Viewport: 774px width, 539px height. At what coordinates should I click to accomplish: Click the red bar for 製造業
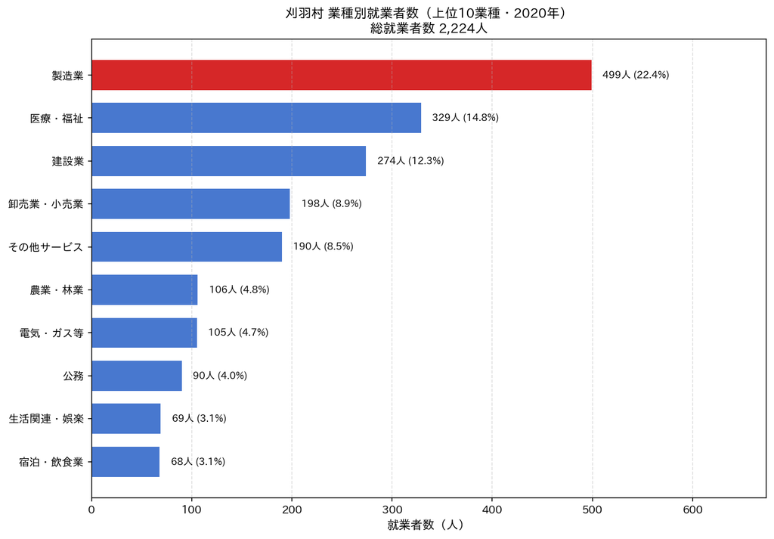click(342, 75)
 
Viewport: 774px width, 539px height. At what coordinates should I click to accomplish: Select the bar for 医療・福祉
click(256, 118)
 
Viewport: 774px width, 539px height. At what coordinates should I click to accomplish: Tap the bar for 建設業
click(228, 161)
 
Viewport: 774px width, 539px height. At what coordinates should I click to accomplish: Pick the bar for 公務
click(137, 376)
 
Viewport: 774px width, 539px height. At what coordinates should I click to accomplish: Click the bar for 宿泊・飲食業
click(125, 462)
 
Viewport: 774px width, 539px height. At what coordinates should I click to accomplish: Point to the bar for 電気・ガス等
click(144, 333)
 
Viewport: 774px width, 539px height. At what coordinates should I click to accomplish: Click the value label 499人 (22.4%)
click(636, 75)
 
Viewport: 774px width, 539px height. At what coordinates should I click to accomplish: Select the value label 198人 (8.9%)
click(332, 204)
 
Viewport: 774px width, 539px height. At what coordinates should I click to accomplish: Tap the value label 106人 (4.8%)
click(240, 290)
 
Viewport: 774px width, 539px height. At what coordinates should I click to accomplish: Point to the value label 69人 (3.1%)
click(199, 419)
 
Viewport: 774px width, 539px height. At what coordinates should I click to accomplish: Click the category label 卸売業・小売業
click(46, 204)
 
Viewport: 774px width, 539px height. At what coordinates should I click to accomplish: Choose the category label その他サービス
click(46, 246)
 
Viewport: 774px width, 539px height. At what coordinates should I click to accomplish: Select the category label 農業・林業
click(57, 290)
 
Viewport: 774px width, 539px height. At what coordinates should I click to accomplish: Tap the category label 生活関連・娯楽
click(46, 419)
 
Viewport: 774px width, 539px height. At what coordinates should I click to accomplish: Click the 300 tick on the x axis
click(392, 510)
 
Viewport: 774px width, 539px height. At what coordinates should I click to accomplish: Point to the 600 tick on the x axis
click(692, 510)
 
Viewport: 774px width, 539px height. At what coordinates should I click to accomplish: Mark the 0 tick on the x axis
click(91, 510)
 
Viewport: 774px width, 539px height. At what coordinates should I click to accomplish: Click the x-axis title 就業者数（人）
click(426, 525)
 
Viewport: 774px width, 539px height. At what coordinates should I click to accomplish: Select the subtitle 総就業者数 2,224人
click(429, 29)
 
